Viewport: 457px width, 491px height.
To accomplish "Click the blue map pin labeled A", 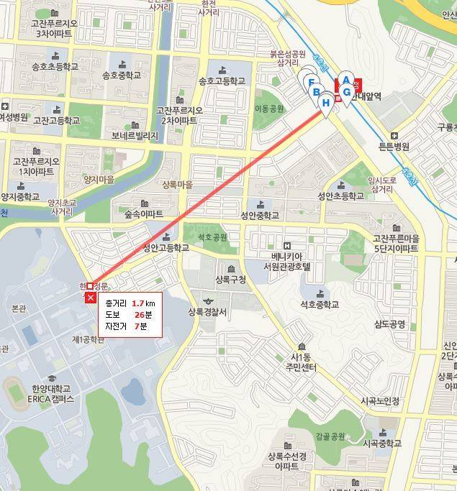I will pyautogui.click(x=345, y=81).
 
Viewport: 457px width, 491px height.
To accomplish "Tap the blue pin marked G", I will pyautogui.click(x=347, y=92).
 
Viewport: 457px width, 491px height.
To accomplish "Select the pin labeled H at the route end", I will pyautogui.click(x=326, y=104).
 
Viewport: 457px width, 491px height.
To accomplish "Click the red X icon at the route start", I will pyautogui.click(x=91, y=298).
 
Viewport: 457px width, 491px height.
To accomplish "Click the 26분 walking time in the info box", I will pyautogui.click(x=142, y=315).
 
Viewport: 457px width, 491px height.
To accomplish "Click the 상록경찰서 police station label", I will pyautogui.click(x=207, y=311).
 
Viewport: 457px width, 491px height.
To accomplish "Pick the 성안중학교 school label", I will pyautogui.click(x=260, y=215).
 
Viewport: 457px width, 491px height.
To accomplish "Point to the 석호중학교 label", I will pyautogui.click(x=320, y=304).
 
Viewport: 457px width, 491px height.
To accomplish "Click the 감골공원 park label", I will pyautogui.click(x=330, y=436).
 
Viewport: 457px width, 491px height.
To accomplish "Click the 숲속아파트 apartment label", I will pyautogui.click(x=144, y=214).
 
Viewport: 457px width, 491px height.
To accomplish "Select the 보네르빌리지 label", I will pyautogui.click(x=135, y=134).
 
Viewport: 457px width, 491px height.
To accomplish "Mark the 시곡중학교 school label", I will pyautogui.click(x=381, y=444).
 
